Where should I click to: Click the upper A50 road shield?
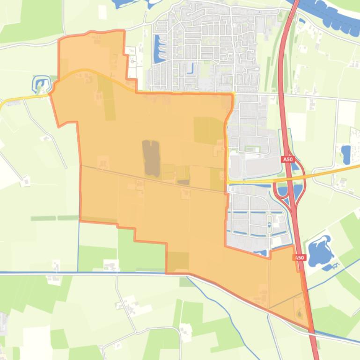tap(287, 159)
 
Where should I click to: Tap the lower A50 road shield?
tap(299, 258)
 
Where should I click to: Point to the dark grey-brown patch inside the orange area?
tap(151, 158)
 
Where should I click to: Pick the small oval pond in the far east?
tap(346, 152)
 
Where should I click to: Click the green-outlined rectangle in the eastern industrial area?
tap(252, 149)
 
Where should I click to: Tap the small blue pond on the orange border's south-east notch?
tap(261, 253)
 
